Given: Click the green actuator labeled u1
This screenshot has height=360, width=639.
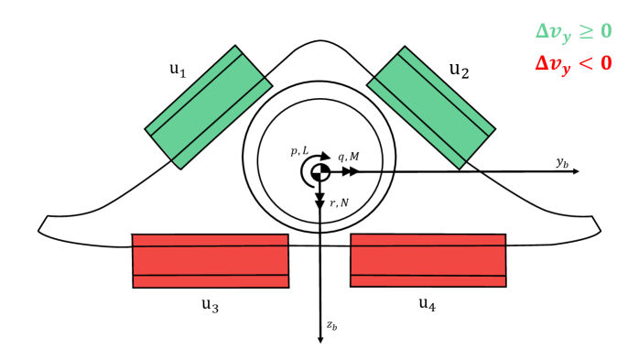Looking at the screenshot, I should (x=209, y=107).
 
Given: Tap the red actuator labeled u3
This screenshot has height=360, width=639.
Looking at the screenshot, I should (x=211, y=261).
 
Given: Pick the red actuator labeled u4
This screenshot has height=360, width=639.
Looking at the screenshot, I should (x=428, y=260).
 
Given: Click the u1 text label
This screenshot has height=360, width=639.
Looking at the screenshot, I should (x=179, y=70).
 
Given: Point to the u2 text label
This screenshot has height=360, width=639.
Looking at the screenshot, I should (x=459, y=70).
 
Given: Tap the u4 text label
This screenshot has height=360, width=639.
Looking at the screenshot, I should (x=427, y=303).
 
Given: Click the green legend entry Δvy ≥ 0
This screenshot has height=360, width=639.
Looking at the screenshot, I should (x=574, y=31).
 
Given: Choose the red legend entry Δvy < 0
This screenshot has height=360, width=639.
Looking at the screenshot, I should (x=574, y=64).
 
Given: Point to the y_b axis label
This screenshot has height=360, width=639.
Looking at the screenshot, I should (x=562, y=162).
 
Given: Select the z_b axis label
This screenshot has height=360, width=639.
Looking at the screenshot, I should (x=332, y=324).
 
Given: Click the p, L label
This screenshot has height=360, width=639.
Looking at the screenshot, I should (x=299, y=149).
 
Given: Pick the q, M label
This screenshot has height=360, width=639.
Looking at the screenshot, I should (x=349, y=158).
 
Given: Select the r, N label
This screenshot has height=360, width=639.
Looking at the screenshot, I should (x=339, y=202).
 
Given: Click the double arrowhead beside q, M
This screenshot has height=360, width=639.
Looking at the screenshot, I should (x=350, y=171).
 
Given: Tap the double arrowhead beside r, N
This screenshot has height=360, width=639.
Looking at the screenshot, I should (x=320, y=201).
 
